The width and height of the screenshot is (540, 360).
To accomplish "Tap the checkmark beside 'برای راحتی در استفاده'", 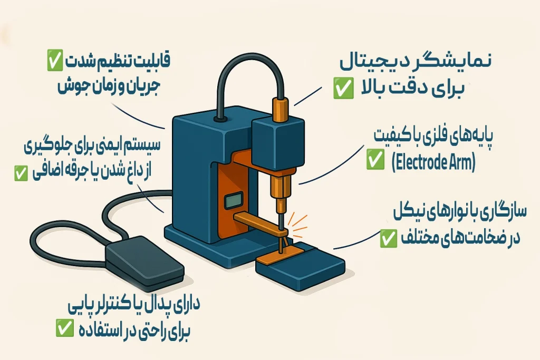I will click(x=64, y=330).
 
